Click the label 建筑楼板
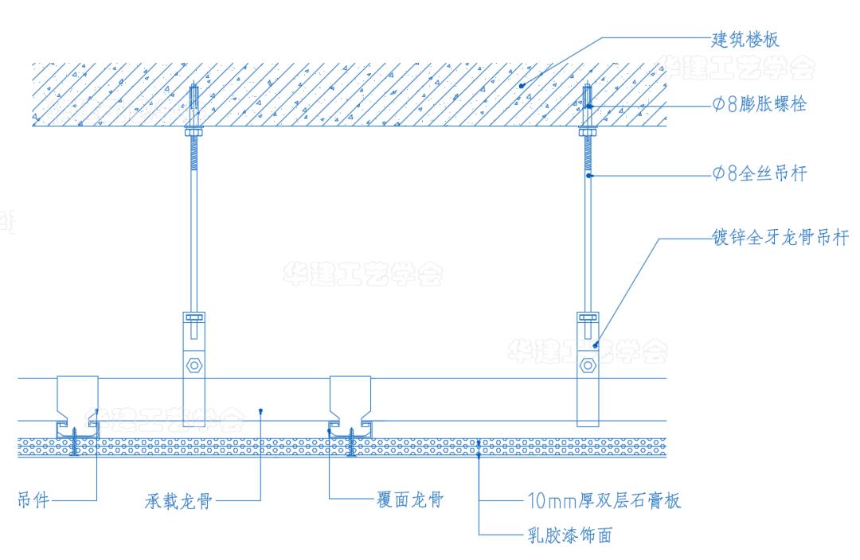tap(745, 39)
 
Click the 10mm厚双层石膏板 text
tap(604, 501)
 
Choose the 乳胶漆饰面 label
tap(569, 535)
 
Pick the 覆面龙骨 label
tap(409, 500)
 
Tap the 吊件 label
tap(33, 500)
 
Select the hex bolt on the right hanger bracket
tap(588, 366)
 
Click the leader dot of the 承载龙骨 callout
tap(261, 410)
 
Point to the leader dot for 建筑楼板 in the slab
tap(522, 86)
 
